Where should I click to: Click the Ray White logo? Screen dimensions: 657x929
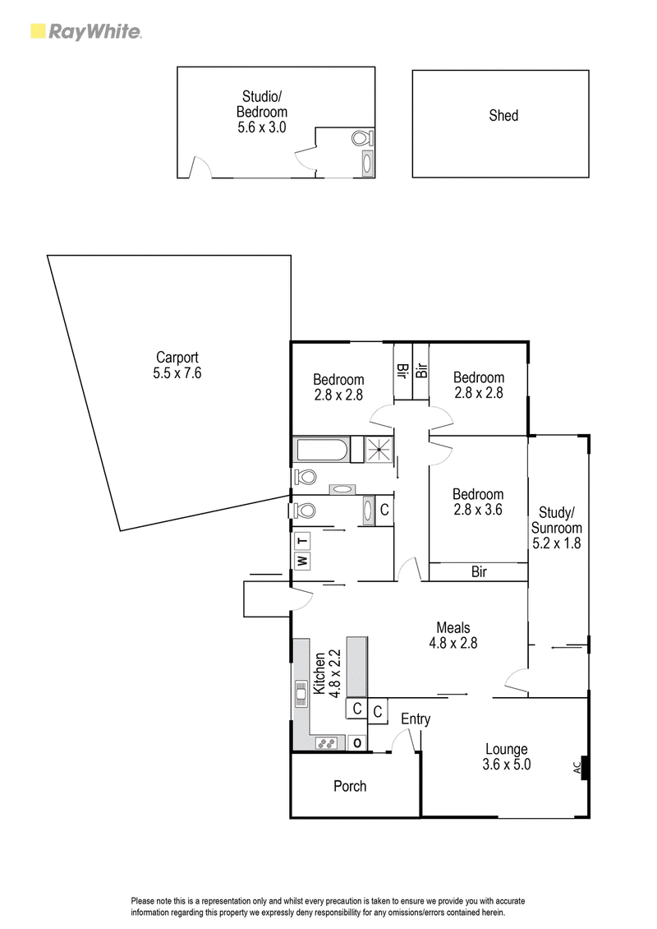[86, 31]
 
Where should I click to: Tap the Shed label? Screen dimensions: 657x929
[503, 116]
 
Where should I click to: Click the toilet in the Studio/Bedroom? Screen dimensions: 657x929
[361, 139]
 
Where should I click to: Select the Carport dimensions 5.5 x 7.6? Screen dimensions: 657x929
[177, 372]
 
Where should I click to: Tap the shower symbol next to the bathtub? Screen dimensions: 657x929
[377, 450]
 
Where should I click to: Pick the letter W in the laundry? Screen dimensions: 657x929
[302, 561]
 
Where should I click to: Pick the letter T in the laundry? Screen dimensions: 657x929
[302, 541]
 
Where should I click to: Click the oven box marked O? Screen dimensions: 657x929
[357, 743]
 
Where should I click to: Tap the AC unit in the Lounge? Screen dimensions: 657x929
[581, 767]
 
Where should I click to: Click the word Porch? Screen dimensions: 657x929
[350, 786]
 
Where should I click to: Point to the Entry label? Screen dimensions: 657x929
[416, 719]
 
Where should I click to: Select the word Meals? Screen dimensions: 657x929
[453, 627]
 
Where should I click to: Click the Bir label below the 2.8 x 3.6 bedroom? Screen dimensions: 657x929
[479, 571]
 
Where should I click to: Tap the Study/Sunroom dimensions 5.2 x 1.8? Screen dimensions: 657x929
[556, 543]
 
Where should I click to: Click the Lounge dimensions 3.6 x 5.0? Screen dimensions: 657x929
[507, 765]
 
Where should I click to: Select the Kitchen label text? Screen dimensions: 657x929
[319, 673]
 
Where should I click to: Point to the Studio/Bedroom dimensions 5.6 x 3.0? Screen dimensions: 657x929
[262, 127]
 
